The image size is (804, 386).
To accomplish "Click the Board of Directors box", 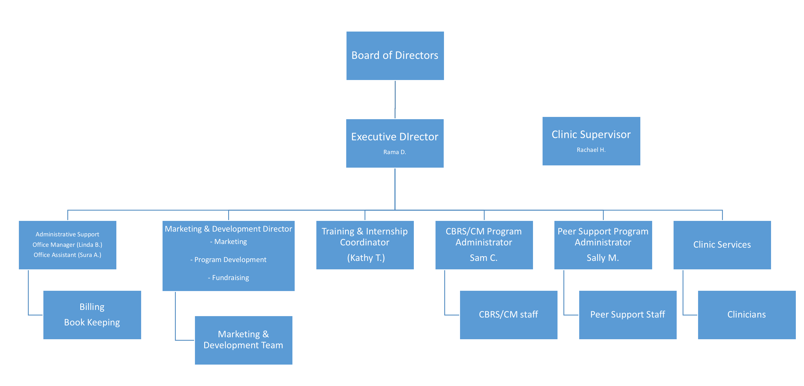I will point(395,56).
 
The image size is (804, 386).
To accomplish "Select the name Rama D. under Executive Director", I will point(394,152).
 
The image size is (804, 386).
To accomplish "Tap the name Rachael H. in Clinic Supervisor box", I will point(591,150).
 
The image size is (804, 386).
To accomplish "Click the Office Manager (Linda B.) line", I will point(67,245).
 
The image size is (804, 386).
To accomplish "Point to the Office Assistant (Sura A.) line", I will point(67,255).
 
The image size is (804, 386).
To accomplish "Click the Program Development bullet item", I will point(228,259).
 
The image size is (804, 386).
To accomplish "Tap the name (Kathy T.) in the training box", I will point(366,258).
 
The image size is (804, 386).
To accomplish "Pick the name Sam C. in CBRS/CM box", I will point(483,258).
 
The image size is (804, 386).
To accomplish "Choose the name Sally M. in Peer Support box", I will point(602,258).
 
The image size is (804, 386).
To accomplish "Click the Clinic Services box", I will point(722,245).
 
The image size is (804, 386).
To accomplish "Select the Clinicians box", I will point(746,314).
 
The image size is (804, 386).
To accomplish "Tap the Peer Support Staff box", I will point(627,314).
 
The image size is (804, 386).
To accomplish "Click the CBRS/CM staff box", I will point(508,314).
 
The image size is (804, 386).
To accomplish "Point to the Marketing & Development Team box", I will point(243,340).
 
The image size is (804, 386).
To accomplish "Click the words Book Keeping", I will point(92,322).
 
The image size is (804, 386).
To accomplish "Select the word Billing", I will point(92,307).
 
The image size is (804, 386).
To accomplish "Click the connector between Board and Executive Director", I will point(395,99).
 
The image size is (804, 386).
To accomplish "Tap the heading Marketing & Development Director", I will point(228,229).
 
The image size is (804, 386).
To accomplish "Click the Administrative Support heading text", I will point(67,234).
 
